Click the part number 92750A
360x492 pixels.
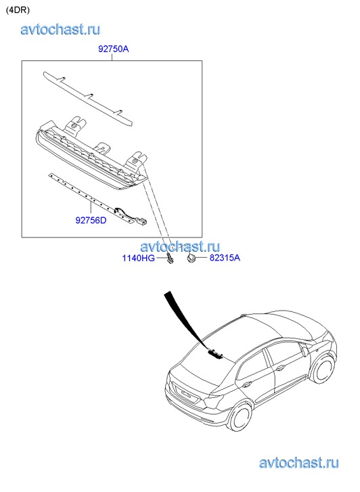pyautogui.click(x=113, y=49)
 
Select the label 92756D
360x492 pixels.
pyautogui.click(x=91, y=220)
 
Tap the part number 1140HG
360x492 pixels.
pyautogui.click(x=138, y=259)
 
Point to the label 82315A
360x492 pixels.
pyautogui.click(x=225, y=258)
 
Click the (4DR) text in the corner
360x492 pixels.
pyautogui.click(x=18, y=10)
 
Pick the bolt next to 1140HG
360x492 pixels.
pyautogui.click(x=170, y=258)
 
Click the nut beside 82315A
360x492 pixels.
pyautogui.click(x=191, y=259)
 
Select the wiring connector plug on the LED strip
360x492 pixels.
pyautogui.click(x=142, y=222)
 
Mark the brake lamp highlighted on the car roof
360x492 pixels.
pyautogui.click(x=216, y=354)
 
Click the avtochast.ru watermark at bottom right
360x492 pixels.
pyautogui.click(x=299, y=463)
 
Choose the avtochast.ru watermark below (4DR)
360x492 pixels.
pyautogui.click(x=61, y=30)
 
